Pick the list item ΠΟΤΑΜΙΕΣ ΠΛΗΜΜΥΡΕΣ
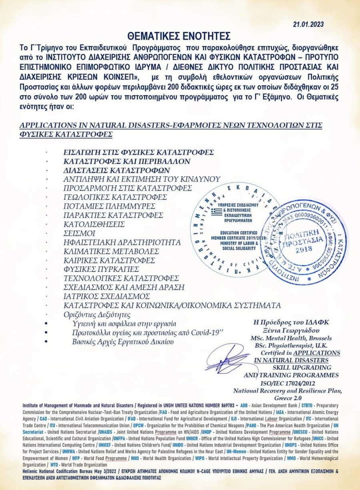[x=110, y=206]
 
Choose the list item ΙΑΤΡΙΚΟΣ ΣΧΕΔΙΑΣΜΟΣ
[x=107, y=296]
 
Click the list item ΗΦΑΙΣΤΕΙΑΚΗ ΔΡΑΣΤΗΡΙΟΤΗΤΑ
[x=122, y=242]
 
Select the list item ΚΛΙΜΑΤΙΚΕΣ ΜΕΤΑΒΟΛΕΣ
[x=111, y=251]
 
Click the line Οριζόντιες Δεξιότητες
[x=97, y=315]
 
